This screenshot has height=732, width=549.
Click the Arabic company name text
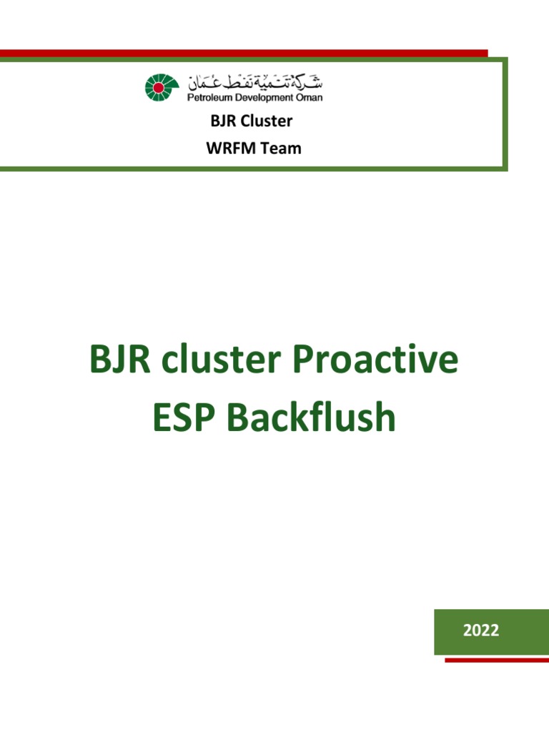254,81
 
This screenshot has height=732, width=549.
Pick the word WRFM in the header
227,149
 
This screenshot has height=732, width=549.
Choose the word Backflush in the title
311,418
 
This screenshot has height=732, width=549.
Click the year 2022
480,630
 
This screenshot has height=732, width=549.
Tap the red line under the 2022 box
496,660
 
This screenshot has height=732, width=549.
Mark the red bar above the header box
243,53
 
